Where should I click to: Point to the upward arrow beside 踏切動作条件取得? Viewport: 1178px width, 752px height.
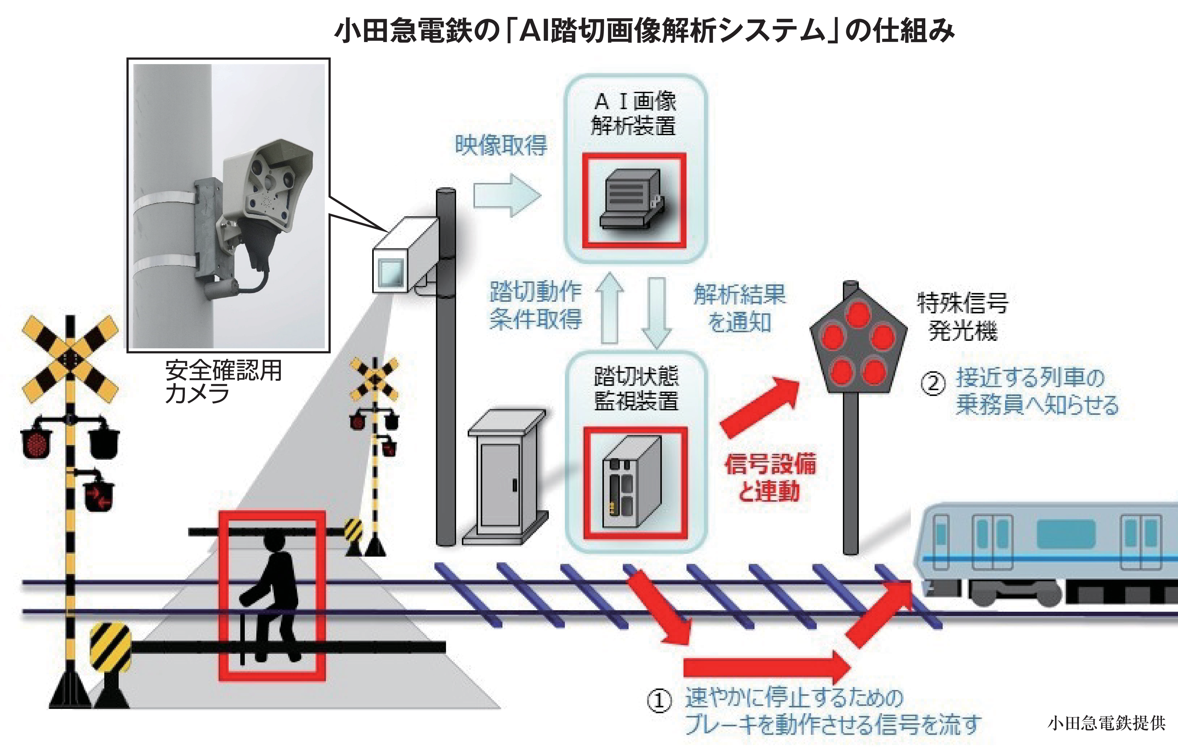coord(609,308)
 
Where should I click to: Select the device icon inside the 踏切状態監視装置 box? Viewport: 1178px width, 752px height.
coord(632,482)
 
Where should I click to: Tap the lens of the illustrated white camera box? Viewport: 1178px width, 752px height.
coord(391,272)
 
